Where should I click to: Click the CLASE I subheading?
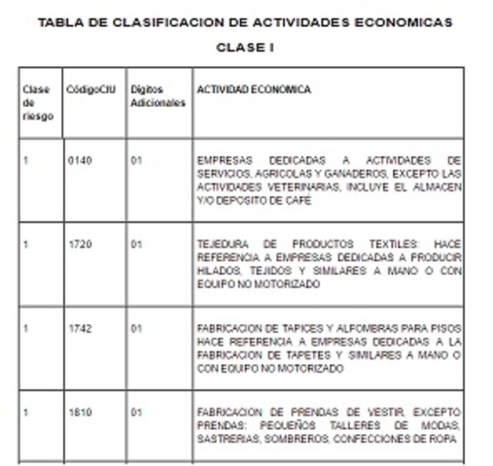tap(245, 46)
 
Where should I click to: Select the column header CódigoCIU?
tap(90, 89)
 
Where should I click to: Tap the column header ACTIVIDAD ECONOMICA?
tap(254, 89)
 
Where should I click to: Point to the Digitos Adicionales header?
tap(157, 95)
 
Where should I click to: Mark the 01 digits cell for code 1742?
tap(136, 329)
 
